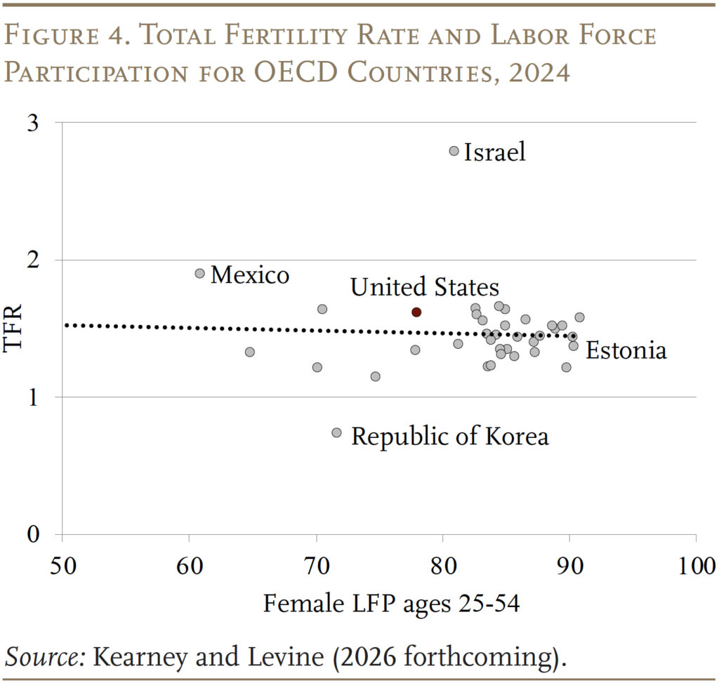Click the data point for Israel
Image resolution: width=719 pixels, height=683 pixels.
coord(454,151)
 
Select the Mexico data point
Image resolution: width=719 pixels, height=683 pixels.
coord(199,273)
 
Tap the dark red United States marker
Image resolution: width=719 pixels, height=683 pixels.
coord(416,312)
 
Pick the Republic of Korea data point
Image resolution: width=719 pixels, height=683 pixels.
coord(336,432)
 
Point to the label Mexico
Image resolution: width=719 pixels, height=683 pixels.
coord(249,274)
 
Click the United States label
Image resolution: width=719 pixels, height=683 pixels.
coord(424,286)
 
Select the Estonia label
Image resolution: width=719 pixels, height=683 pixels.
coord(626,350)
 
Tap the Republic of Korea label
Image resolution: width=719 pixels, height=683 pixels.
coord(449,436)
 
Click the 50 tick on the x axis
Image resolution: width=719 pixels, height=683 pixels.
coord(62,566)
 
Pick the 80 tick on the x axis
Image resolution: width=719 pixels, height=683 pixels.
coord(442,566)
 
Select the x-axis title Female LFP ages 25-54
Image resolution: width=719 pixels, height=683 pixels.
coord(391,602)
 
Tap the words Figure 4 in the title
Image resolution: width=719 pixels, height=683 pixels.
coord(66,37)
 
